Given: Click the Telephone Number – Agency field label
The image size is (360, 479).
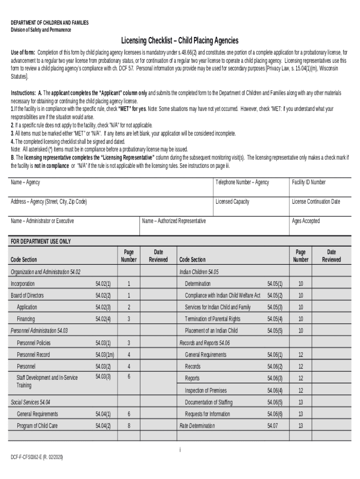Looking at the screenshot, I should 242,182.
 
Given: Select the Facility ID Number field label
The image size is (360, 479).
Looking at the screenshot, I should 309,182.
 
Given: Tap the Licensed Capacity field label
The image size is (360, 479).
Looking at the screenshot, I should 232,202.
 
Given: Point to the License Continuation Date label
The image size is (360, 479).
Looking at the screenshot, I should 316,202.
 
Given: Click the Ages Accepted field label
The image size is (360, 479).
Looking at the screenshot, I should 306,221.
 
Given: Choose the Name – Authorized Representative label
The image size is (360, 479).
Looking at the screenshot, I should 173,221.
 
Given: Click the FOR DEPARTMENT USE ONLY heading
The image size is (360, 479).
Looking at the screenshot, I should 41,241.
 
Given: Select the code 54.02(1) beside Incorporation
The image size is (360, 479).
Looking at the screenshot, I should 103,283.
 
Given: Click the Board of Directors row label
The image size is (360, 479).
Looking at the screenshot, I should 27,295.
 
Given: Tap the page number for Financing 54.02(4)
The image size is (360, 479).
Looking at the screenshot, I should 129,319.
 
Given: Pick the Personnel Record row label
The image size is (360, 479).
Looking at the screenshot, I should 33,355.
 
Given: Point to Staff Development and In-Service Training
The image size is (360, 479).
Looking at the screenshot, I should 47,381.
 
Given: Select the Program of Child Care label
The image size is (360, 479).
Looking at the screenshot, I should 37,426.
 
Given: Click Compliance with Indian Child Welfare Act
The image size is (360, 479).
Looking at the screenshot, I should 222,295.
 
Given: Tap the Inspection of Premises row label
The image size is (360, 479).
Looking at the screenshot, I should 206,390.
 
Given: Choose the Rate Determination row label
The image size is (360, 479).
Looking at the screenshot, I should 197,426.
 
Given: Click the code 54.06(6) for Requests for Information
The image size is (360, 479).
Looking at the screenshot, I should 275,414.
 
